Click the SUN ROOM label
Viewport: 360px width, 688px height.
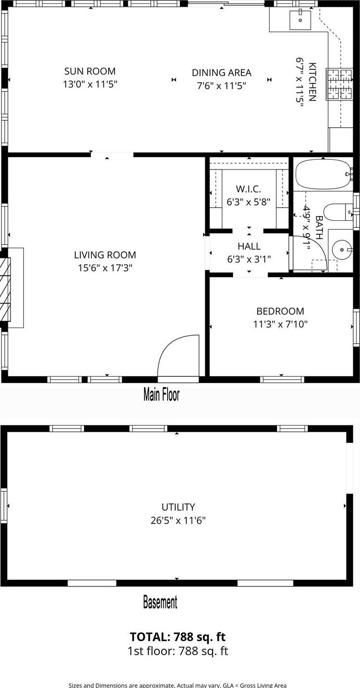click(90, 71)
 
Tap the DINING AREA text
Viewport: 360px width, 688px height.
click(221, 73)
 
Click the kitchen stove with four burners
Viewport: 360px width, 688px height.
click(339, 84)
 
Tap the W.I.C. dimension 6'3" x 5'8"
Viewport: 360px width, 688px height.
click(248, 202)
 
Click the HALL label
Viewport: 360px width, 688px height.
click(249, 246)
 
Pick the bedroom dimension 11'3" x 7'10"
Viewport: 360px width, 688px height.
click(280, 324)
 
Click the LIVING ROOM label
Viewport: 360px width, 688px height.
click(105, 255)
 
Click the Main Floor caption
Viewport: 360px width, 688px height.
click(161, 395)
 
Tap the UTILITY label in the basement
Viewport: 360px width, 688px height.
click(178, 507)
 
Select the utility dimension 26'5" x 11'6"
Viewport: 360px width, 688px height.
click(178, 520)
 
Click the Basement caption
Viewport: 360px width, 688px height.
click(160, 602)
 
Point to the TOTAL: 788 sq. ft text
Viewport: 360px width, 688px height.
click(177, 637)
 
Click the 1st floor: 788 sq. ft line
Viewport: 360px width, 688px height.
click(177, 651)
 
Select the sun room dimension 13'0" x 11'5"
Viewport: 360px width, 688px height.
click(90, 85)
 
